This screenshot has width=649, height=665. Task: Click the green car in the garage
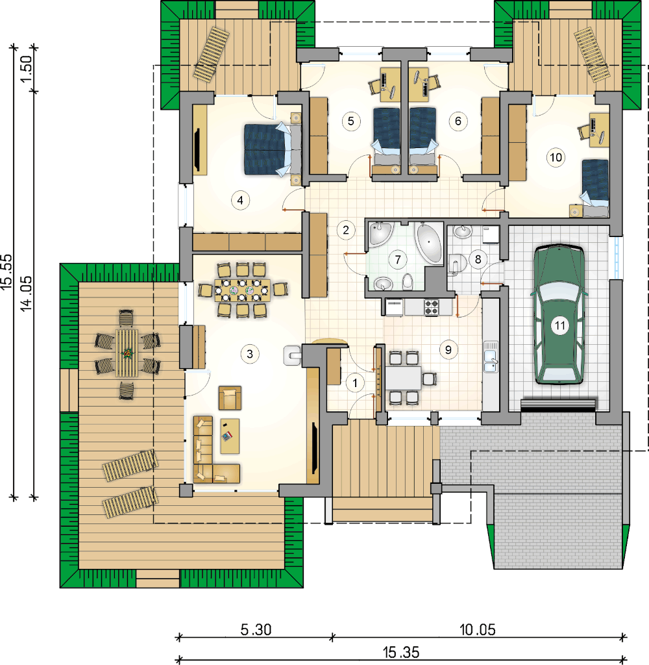(559, 315)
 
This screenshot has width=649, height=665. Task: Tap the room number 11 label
(560, 326)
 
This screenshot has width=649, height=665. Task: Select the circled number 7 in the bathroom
(398, 259)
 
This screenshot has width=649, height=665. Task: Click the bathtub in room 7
(429, 243)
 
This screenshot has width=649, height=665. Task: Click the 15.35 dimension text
(401, 652)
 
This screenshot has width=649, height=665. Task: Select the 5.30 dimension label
(256, 629)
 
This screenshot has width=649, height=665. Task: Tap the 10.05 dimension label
(477, 629)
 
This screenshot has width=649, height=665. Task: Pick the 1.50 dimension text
(26, 69)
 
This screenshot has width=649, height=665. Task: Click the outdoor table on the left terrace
(127, 353)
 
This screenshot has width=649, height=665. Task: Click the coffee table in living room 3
(230, 436)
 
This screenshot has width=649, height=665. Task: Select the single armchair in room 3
(230, 398)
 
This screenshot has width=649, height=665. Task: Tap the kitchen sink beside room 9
(491, 357)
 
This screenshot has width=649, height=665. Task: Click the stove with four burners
(432, 307)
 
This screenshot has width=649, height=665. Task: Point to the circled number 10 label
(556, 157)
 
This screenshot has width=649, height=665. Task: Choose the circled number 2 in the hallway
(346, 231)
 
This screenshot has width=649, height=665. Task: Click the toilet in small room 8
(457, 264)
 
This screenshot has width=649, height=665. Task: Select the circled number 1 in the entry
(355, 383)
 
